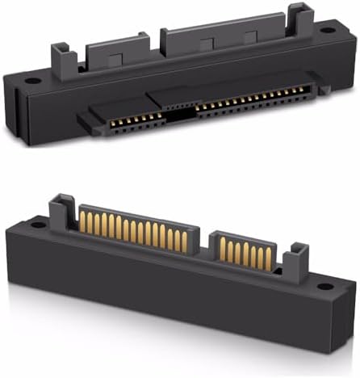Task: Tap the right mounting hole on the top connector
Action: (x=328, y=29)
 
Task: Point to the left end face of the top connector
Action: (x=16, y=109)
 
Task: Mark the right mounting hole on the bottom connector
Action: (x=324, y=286)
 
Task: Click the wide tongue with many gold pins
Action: (x=137, y=230)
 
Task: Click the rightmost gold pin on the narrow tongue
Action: (x=269, y=258)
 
